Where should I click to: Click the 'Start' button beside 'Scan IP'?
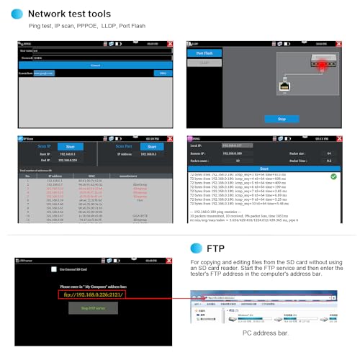pos(66,146)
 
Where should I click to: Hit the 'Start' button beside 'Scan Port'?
pos(147,146)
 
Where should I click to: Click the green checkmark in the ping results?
pos(333,176)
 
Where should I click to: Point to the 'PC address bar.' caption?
pos(265,333)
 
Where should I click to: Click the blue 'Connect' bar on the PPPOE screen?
pos(95,65)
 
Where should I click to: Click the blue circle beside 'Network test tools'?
pos(16,13)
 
